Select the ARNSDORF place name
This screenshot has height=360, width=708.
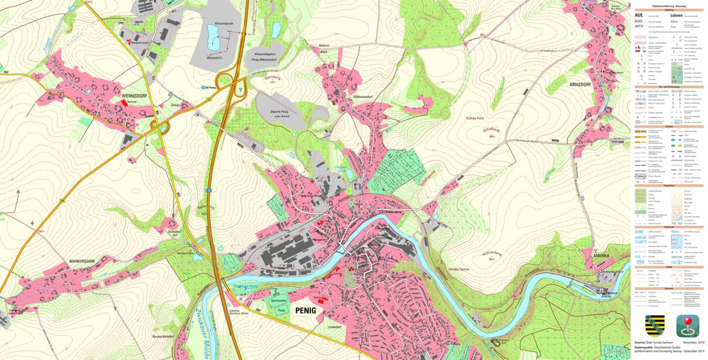point(582,84)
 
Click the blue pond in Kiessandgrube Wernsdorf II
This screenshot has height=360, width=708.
point(214,42)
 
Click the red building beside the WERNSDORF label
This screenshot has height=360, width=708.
point(124,102)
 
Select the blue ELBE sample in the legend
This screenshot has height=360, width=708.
point(639,231)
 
